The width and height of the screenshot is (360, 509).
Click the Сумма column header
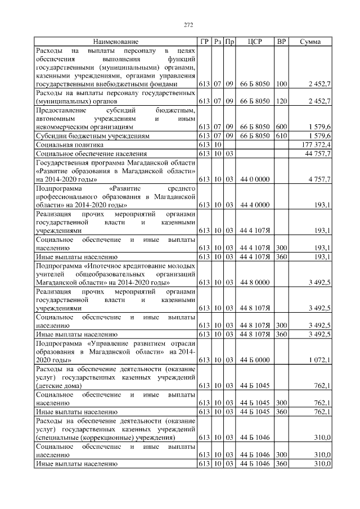[310, 42]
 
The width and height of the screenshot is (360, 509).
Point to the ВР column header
[281, 42]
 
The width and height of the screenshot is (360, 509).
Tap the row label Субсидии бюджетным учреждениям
[93, 136]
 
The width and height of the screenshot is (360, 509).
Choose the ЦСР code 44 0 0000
[255, 179]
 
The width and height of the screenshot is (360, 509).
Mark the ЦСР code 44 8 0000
[255, 282]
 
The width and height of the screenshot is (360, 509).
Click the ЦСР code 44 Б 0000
[255, 359]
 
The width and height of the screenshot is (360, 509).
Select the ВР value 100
[281, 84]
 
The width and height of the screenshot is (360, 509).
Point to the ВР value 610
[281, 136]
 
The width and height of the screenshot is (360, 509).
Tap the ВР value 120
[281, 101]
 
